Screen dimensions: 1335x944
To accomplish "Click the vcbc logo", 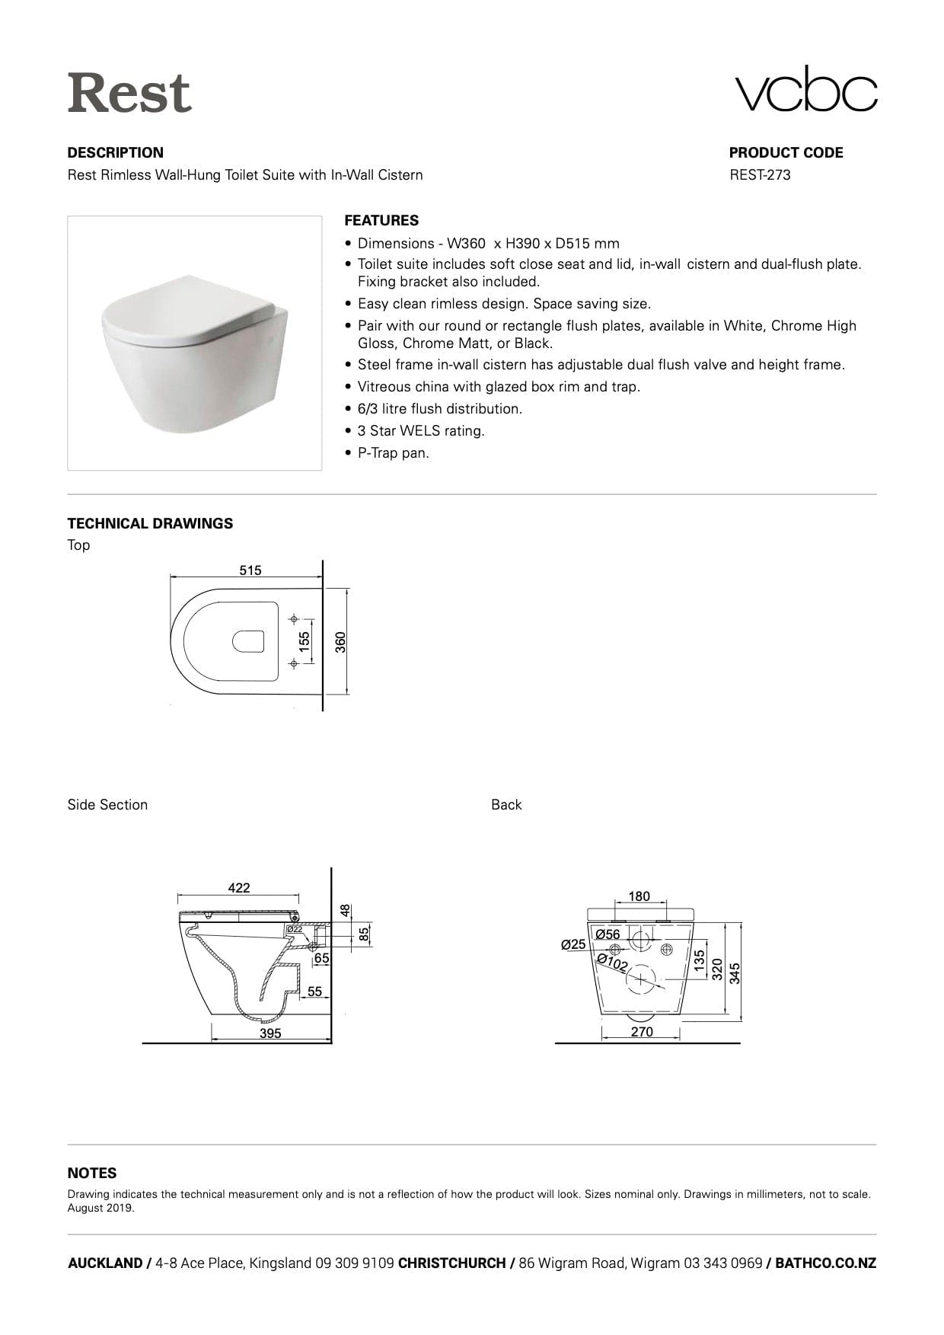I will [x=805, y=89].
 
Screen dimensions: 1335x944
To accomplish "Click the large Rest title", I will [x=129, y=93].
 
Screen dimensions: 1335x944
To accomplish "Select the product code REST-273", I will [x=760, y=175].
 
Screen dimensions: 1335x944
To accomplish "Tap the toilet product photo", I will [x=195, y=343].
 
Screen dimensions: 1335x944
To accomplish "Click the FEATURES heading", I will [x=381, y=221].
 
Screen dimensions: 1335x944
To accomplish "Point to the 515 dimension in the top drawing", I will [x=250, y=570].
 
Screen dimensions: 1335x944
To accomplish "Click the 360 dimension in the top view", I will [x=341, y=642].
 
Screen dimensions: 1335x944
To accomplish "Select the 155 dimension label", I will [x=305, y=641].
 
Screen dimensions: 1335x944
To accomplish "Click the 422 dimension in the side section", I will [x=239, y=888].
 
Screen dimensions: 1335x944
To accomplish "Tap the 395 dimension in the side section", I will [x=270, y=1033].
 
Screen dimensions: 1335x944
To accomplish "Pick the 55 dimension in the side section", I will [x=314, y=992].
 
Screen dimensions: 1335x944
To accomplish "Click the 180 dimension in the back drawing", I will [x=639, y=896].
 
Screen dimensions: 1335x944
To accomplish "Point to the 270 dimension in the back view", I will [x=642, y=1032].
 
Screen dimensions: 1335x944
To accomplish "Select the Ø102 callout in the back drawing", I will [x=612, y=963].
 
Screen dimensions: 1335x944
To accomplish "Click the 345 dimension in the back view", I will [x=735, y=973].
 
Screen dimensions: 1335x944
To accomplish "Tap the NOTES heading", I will [x=92, y=1174].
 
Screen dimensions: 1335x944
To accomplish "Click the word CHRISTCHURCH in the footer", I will [x=451, y=1263].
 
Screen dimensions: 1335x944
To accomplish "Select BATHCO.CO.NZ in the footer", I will [x=825, y=1263].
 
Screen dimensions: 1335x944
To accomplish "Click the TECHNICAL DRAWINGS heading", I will [x=150, y=524].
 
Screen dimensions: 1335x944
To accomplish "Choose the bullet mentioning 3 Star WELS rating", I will [x=421, y=431].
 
